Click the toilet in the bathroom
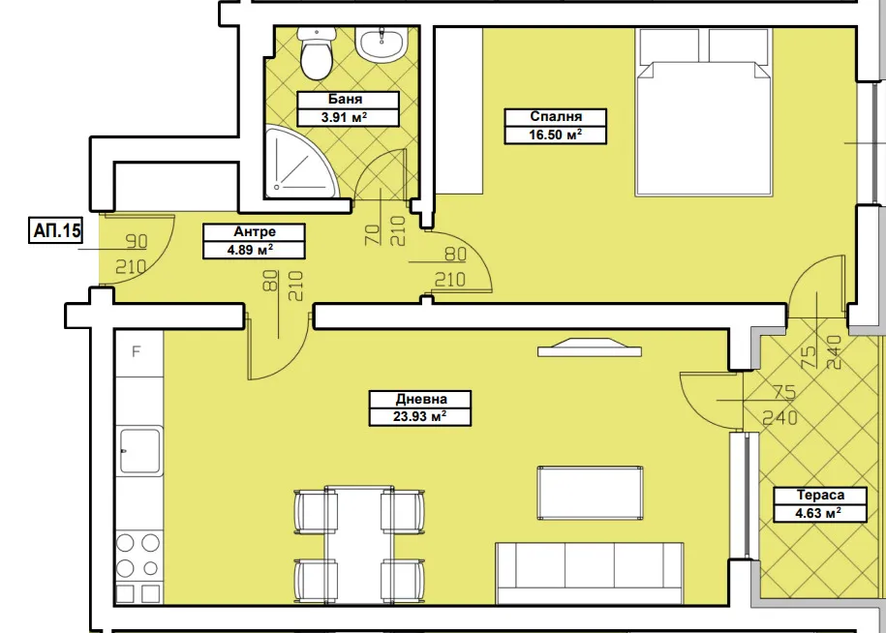[317, 52]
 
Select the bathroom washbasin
[382, 44]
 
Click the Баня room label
[345, 100]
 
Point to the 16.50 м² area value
[556, 135]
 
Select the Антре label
[255, 231]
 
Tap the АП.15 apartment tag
[56, 230]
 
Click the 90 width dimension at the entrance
[137, 242]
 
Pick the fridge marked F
[139, 353]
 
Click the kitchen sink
[140, 450]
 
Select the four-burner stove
[139, 567]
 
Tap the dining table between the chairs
[359, 545]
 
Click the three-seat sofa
[590, 573]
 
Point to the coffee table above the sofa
[590, 493]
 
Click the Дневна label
[421, 399]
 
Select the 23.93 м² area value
[420, 417]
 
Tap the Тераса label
[820, 496]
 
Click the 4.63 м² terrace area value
[818, 513]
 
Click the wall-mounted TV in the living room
[590, 347]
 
